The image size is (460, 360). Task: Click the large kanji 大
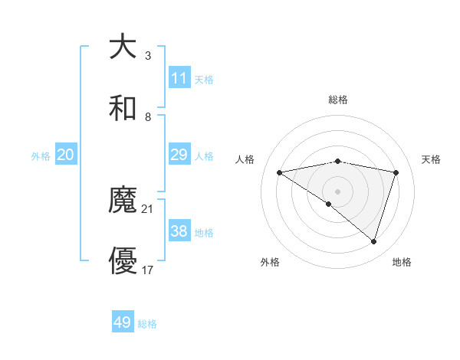point(123,47)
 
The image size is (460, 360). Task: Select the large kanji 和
point(123,109)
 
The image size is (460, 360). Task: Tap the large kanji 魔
point(123,201)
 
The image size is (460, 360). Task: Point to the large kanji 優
point(123,262)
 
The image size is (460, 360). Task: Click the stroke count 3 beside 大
point(148,55)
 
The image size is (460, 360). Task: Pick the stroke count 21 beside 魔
point(148,208)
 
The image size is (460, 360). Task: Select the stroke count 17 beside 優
point(148,270)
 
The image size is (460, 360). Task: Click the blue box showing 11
point(179,78)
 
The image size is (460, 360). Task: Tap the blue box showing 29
point(179,155)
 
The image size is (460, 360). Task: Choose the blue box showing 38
point(179,231)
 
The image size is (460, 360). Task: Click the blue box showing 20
point(66,155)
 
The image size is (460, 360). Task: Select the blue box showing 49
point(123,322)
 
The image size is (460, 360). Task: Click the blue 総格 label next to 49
point(148,324)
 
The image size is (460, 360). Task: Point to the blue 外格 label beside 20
point(41,156)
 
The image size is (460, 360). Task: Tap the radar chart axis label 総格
point(338,100)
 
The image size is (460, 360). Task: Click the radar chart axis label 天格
point(432,159)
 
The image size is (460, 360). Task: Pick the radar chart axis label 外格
point(270,262)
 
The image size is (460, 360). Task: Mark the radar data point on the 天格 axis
point(396,172)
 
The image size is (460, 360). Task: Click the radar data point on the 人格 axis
point(280,172)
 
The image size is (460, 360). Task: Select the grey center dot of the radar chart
point(338,191)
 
